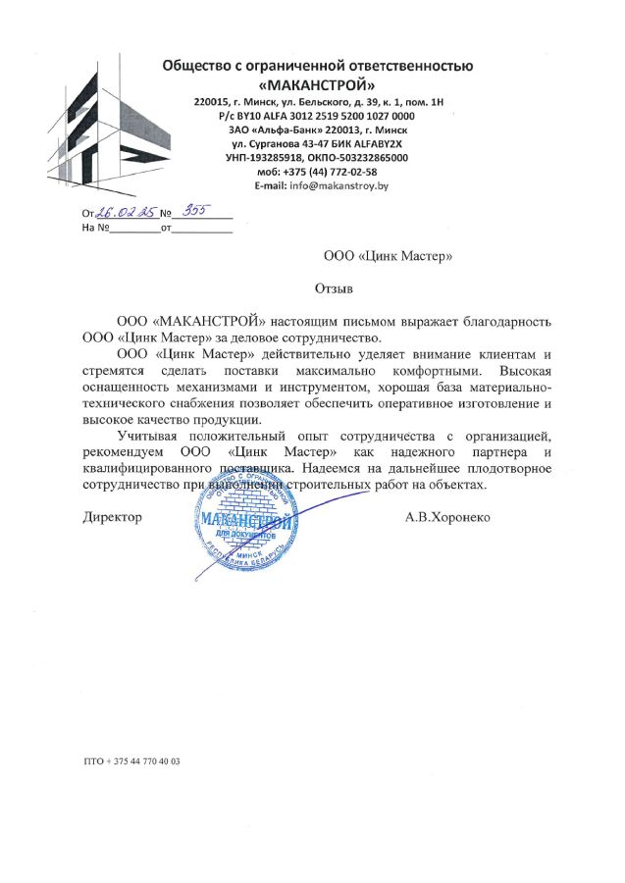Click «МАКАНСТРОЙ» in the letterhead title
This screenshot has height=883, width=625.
click(x=317, y=83)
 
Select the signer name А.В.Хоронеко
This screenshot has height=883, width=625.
click(x=447, y=516)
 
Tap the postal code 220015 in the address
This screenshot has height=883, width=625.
click(x=211, y=101)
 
